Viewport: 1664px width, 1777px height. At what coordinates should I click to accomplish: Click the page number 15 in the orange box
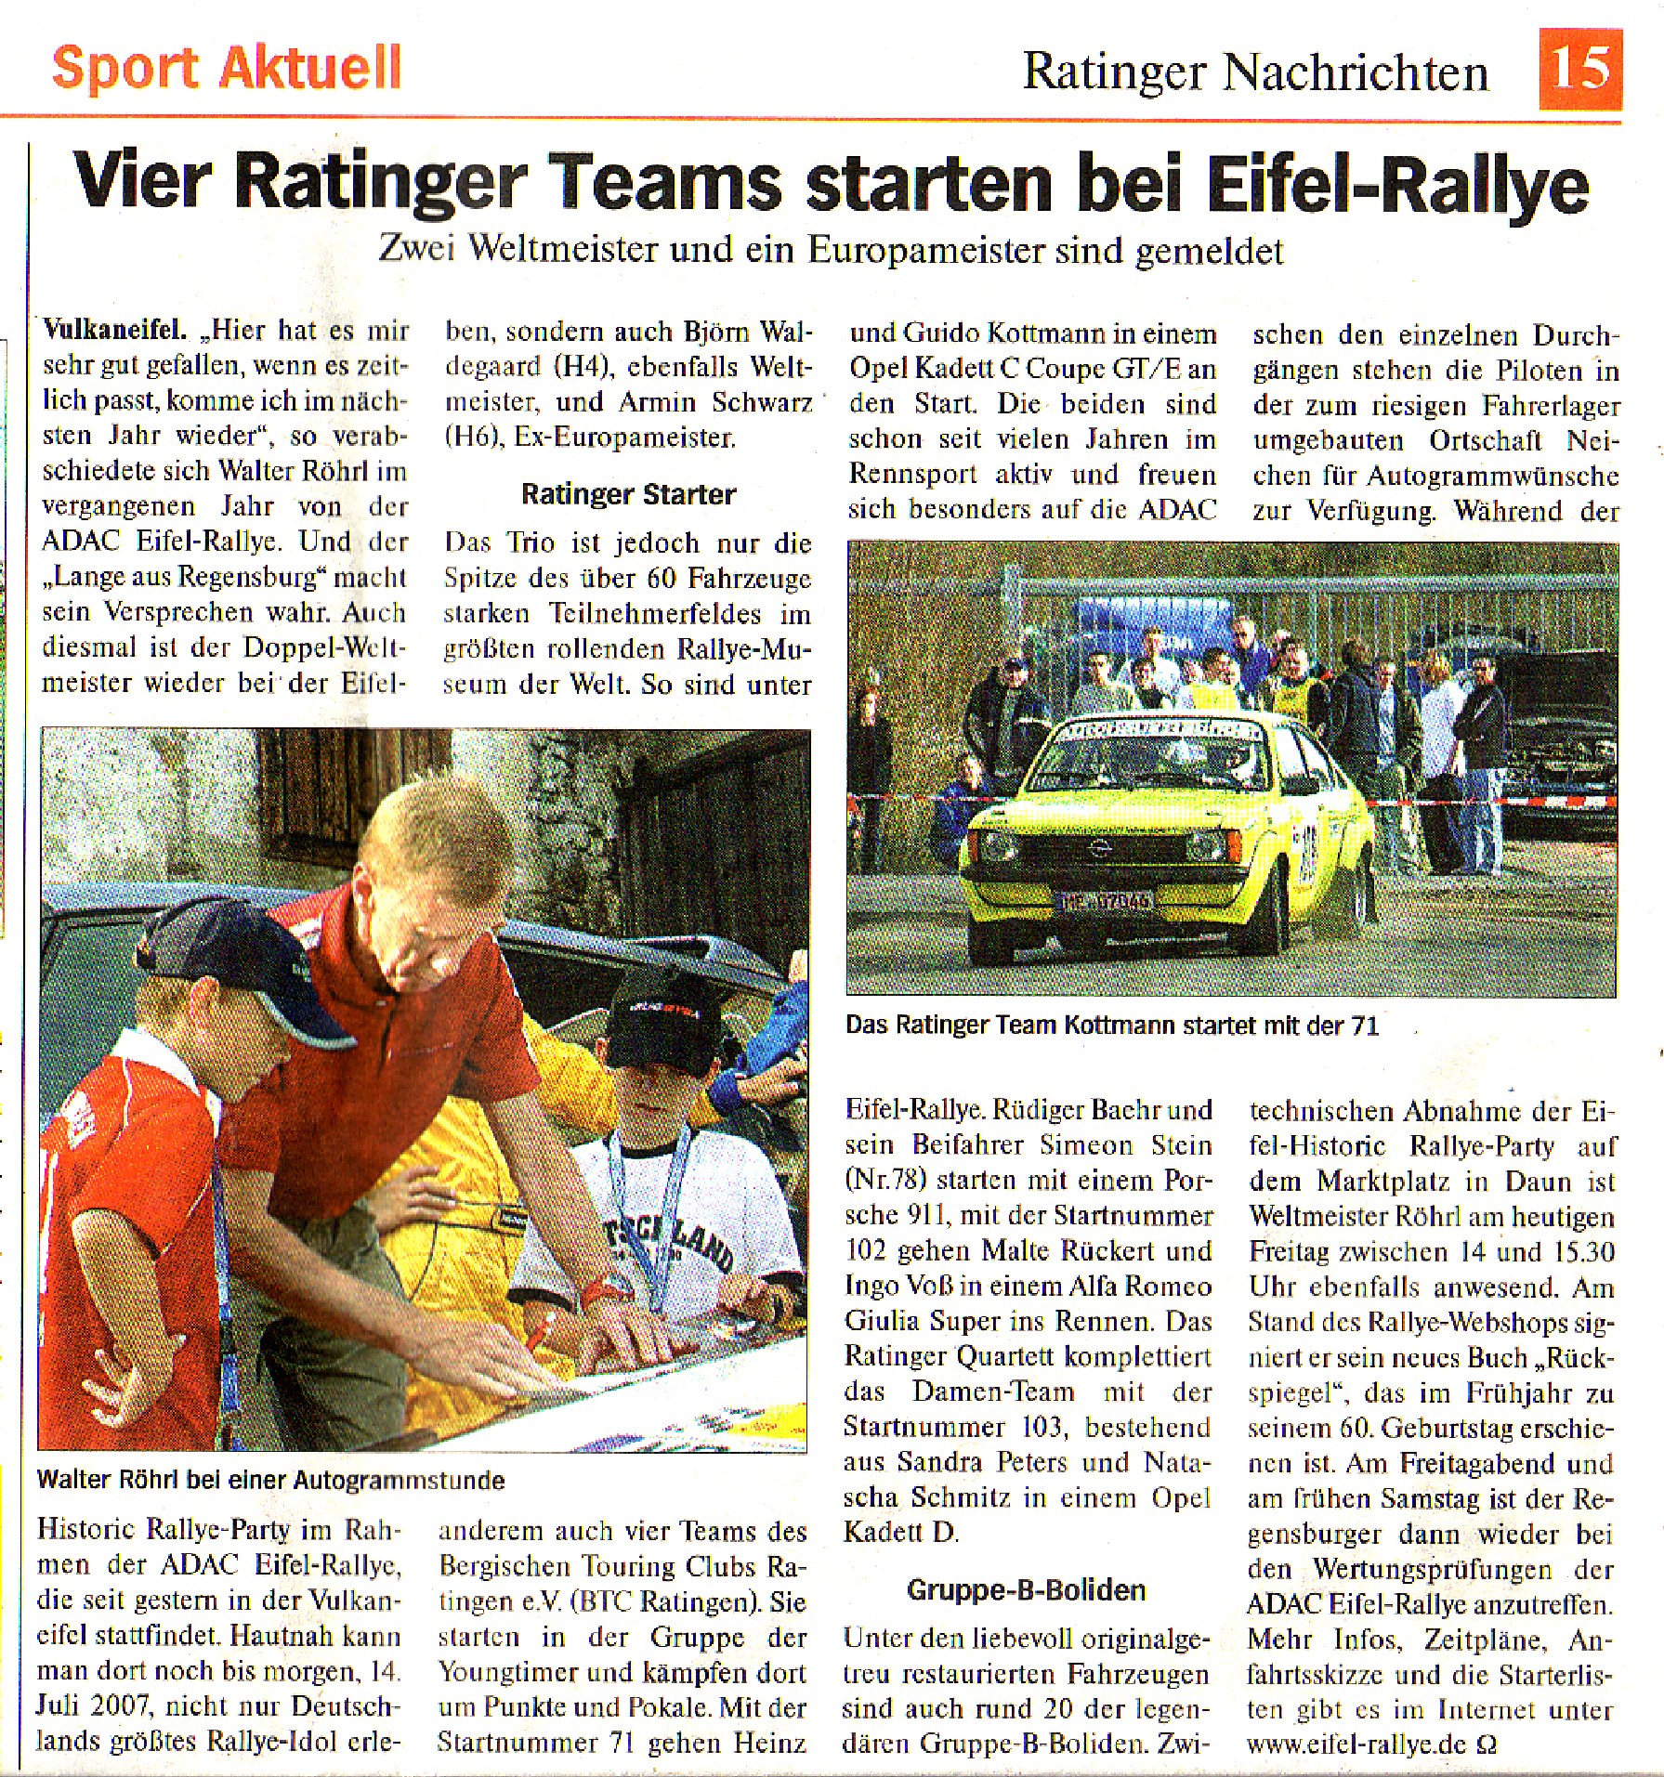click(1580, 69)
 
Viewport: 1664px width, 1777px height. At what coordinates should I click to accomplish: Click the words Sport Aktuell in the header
click(227, 68)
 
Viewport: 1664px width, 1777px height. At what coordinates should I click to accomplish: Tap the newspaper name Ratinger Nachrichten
click(1255, 72)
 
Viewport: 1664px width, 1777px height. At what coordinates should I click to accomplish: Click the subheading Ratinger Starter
click(628, 494)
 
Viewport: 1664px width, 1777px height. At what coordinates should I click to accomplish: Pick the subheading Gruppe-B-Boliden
click(1026, 1589)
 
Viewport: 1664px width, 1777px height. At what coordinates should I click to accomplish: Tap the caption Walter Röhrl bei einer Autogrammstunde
click(270, 1479)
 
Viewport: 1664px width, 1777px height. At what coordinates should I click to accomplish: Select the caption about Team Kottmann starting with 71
click(1112, 1025)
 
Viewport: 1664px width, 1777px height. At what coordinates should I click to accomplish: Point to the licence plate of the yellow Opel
click(1105, 900)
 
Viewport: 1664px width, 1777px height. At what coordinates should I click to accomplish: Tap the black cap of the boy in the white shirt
click(661, 1023)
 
